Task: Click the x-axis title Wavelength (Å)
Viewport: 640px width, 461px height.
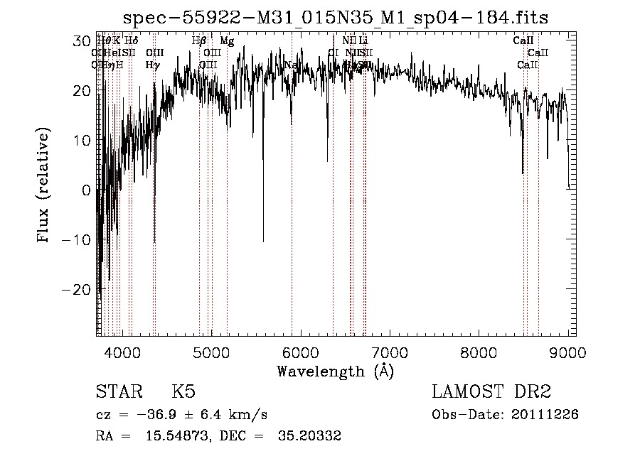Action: point(335,371)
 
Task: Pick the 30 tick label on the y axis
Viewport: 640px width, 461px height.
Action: point(82,41)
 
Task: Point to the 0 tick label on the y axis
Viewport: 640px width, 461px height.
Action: point(87,190)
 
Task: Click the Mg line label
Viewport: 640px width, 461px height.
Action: point(226,41)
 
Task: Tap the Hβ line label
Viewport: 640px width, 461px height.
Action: point(199,41)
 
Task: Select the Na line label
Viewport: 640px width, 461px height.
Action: point(290,65)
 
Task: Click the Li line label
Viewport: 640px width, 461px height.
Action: point(363,41)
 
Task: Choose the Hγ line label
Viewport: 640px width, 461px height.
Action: point(152,65)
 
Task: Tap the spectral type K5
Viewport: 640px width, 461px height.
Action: point(183,393)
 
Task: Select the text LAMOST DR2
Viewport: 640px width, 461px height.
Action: point(491,392)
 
